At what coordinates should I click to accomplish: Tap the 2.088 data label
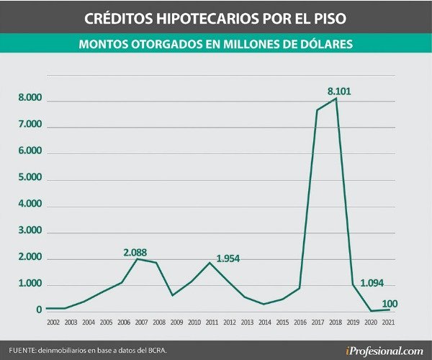coord(135,252)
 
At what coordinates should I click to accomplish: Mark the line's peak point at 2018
coord(336,99)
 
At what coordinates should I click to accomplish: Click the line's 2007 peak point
coord(138,258)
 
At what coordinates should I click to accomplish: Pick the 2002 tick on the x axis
coord(53,322)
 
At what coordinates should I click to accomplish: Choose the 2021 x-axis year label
coord(390,322)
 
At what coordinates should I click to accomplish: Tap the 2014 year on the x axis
coord(265,322)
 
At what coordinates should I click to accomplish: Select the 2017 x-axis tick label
coord(318,322)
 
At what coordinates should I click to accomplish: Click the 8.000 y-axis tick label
coord(30,100)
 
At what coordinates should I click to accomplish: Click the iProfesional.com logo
coord(384,351)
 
